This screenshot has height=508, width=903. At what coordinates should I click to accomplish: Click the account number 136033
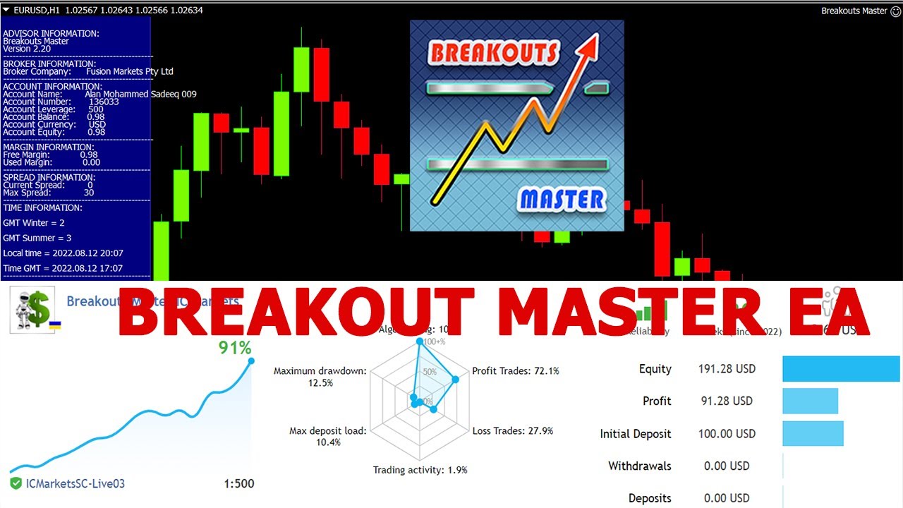pyautogui.click(x=104, y=102)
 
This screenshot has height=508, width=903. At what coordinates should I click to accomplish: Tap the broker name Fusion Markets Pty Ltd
pyautogui.click(x=129, y=71)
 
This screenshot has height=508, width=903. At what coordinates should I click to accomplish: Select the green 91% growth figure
pyautogui.click(x=235, y=348)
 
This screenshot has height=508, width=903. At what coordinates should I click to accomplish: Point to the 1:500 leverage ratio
pyautogui.click(x=239, y=484)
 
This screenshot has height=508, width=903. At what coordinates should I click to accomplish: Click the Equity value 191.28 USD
pyautogui.click(x=727, y=369)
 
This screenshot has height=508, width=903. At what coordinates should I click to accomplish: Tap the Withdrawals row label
pyautogui.click(x=639, y=466)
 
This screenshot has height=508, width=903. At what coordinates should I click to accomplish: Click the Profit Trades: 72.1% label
pyautogui.click(x=516, y=370)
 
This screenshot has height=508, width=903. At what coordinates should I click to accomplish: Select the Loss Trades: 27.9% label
pyautogui.click(x=513, y=430)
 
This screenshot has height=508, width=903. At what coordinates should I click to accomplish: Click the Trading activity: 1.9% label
pyautogui.click(x=420, y=470)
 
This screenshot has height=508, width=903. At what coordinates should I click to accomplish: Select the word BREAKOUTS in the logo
pyautogui.click(x=493, y=53)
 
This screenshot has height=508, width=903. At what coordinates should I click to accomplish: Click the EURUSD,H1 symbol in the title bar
pyautogui.click(x=36, y=10)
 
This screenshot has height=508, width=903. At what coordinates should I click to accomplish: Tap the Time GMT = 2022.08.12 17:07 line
pyautogui.click(x=63, y=268)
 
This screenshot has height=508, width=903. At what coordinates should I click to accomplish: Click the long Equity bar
pyautogui.click(x=841, y=369)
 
